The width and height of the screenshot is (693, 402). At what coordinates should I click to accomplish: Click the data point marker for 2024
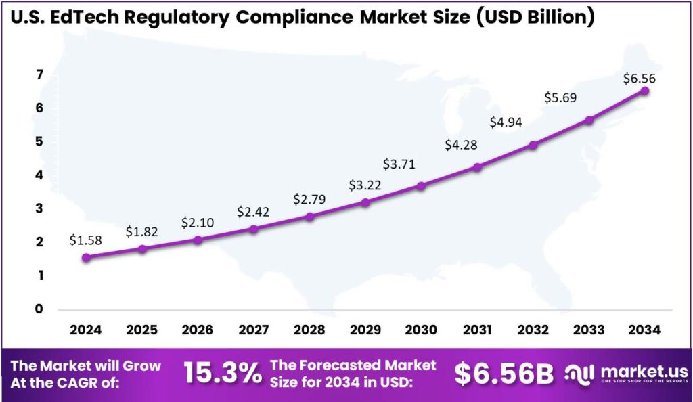(86, 257)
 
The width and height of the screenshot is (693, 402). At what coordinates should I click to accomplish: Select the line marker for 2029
(365, 202)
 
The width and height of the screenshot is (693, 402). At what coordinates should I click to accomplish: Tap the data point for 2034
(645, 91)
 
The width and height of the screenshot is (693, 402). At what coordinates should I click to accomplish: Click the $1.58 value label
(85, 240)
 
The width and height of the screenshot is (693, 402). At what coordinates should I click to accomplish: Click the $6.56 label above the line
(639, 79)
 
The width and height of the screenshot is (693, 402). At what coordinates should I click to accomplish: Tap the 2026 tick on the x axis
(198, 330)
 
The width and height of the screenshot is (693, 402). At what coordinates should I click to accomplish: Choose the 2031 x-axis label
(477, 330)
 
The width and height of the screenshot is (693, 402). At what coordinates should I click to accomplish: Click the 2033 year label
(589, 330)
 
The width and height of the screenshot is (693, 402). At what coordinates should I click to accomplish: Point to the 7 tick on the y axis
(39, 74)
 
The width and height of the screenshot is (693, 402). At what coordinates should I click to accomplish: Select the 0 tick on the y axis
(39, 309)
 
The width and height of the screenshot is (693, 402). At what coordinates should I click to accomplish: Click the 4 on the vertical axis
(39, 175)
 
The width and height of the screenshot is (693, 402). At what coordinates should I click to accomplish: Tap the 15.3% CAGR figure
(223, 373)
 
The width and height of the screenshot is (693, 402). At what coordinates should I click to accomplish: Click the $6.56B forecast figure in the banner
(504, 373)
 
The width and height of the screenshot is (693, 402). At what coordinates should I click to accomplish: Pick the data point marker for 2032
(533, 145)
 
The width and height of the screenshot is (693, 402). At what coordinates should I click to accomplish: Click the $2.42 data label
(253, 212)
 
